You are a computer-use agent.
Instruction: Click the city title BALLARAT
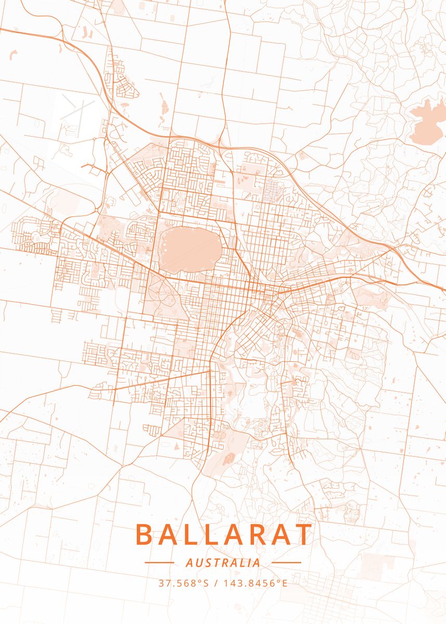coord(224,535)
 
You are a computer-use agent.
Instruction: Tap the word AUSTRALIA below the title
coord(223,563)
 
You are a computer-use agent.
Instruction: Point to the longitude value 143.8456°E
coord(255,583)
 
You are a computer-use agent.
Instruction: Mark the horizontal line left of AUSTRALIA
coord(159,563)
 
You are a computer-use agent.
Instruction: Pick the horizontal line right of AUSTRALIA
coord(286,563)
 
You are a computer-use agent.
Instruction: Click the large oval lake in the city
coord(189,248)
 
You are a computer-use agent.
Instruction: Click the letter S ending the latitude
coord(206,583)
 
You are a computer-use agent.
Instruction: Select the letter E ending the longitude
coord(285,583)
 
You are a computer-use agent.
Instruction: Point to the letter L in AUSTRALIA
coord(241,563)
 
